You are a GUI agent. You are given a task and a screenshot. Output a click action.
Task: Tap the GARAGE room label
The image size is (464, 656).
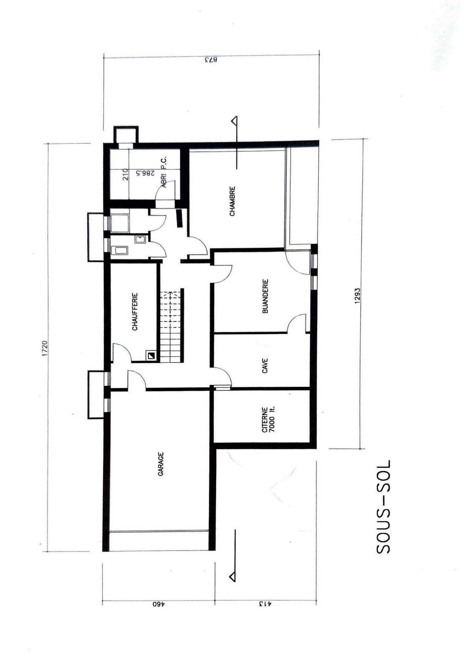161,464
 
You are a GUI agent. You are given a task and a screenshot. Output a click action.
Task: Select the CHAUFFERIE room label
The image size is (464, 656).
135,312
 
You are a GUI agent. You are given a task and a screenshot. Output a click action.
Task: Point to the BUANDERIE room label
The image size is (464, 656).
265,296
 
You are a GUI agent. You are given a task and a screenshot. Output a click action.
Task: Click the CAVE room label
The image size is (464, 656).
265,365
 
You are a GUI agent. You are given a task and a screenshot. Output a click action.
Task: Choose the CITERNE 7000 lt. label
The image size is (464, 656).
268,420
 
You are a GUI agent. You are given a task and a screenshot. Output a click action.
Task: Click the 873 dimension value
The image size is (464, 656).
211,60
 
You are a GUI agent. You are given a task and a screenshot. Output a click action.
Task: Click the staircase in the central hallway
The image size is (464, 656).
171,326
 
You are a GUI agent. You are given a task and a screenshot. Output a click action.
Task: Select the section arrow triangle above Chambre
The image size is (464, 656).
234,121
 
